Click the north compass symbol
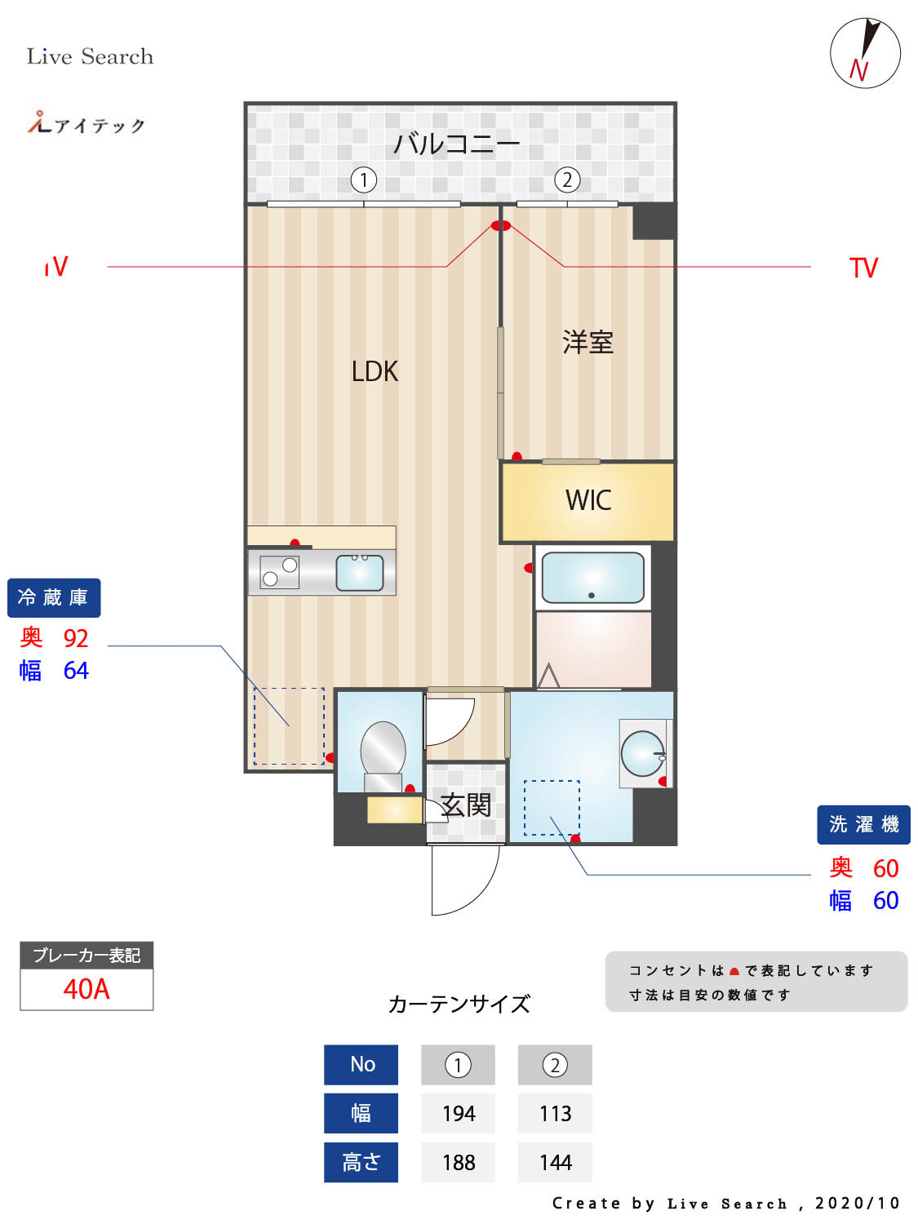coord(865,53)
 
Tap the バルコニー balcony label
coord(456,144)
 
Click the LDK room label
coord(375,371)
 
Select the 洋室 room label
coord(588,342)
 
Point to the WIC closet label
coord(588,500)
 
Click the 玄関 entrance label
coord(466,805)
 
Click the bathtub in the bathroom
coord(592,578)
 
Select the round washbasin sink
coord(643,753)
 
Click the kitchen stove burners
coord(279,572)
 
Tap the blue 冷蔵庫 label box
coord(54,598)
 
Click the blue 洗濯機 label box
coord(863,825)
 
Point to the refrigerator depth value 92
coord(76,638)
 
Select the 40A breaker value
coord(86,989)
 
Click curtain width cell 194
coord(458,1114)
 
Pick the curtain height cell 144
coord(555,1163)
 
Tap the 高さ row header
coord(361,1163)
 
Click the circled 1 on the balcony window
coord(364,180)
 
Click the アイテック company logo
coord(86,124)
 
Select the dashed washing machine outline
coord(552,808)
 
